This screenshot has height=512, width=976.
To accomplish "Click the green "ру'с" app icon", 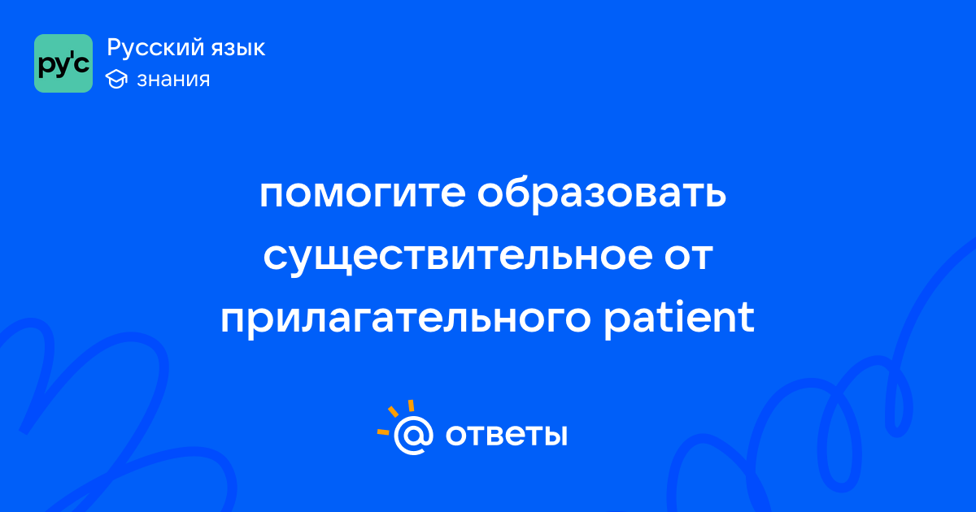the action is click(63, 63).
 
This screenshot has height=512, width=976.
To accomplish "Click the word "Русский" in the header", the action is click(155, 48).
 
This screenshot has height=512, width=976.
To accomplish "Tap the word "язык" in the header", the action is click(238, 49).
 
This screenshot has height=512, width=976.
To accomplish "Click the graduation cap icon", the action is click(116, 79).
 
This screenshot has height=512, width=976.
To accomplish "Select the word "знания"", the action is click(173, 80).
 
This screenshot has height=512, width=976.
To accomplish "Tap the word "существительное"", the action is click(457, 257).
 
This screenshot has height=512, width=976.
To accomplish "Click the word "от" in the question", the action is click(688, 257).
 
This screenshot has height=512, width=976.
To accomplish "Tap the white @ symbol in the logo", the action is click(413, 436).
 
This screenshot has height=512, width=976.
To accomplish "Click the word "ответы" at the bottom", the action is click(506, 435).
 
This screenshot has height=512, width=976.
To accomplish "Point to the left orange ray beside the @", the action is click(383, 432).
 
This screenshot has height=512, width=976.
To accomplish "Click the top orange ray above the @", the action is click(411, 406).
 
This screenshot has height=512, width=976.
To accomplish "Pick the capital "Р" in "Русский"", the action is click(115, 47).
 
